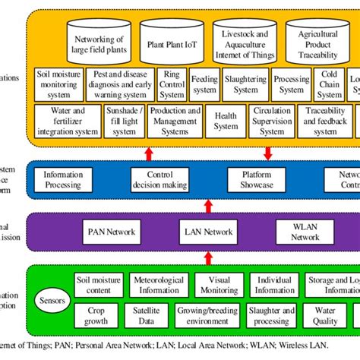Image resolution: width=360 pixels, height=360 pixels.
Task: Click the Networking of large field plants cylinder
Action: pyautogui.click(x=96, y=42)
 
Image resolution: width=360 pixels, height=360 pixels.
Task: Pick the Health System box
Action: pyautogui.click(x=226, y=121)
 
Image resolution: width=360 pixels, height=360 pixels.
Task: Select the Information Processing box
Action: pyautogui.click(x=64, y=179)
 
